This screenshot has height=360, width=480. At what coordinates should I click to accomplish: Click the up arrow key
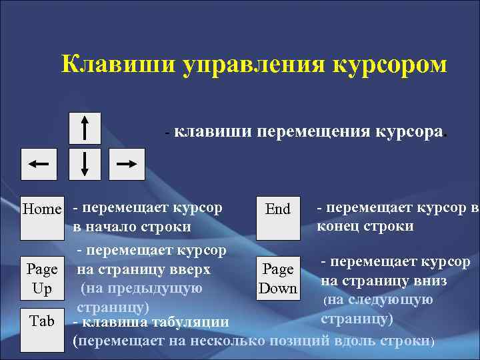[85, 127]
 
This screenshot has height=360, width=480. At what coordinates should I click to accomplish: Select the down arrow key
[85, 163]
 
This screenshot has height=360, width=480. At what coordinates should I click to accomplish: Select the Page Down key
[278, 279]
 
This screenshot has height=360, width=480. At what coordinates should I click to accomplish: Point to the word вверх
[189, 270]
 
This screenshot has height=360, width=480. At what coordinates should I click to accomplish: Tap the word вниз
[429, 281]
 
